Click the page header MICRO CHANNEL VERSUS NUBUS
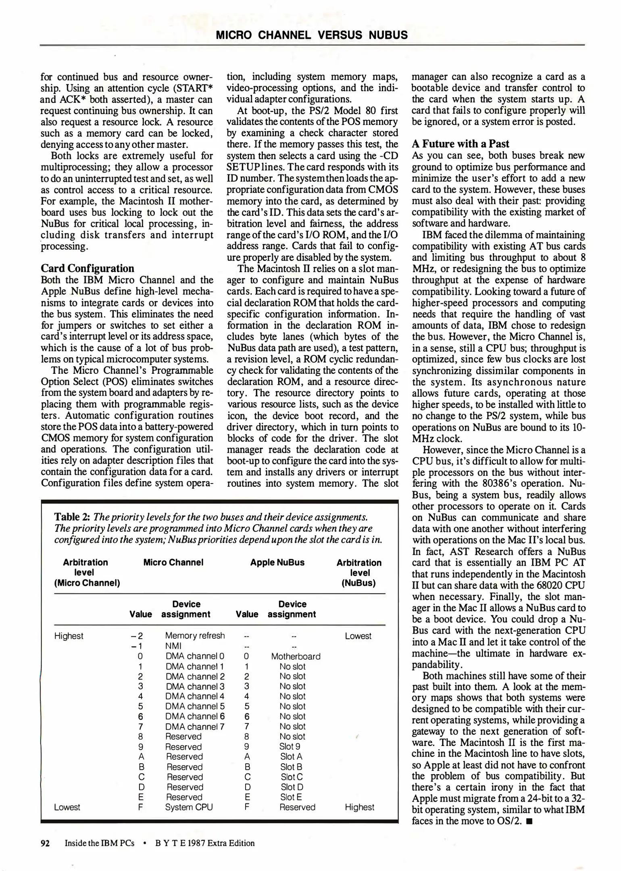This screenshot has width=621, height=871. [x=312, y=35]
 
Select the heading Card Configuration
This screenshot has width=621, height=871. [x=88, y=269]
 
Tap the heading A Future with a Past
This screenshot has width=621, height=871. [x=460, y=144]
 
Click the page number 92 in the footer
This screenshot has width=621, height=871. [x=45, y=843]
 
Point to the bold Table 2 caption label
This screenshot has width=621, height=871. [x=72, y=517]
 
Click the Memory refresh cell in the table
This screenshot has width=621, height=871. [x=195, y=636]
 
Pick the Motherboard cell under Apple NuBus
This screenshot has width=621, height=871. [x=296, y=656]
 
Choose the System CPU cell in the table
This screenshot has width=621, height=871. [x=189, y=807]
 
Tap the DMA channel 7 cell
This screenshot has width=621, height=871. [x=195, y=727]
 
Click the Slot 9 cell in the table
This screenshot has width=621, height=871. [x=290, y=747]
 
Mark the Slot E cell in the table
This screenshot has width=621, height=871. [x=291, y=797]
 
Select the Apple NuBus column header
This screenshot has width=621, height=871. [x=277, y=563]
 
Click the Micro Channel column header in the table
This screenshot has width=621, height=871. [x=173, y=563]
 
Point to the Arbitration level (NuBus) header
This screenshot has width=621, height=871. [x=359, y=573]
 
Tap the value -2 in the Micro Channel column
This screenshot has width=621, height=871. [x=137, y=636]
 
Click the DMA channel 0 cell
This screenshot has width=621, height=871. [x=195, y=656]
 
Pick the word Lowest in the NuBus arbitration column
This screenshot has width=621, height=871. [x=358, y=636]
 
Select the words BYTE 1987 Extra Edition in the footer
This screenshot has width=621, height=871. [x=204, y=843]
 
